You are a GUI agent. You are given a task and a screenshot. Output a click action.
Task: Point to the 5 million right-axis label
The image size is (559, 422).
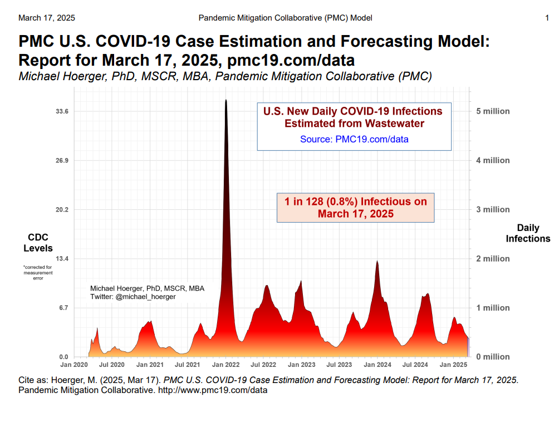click(x=493, y=111)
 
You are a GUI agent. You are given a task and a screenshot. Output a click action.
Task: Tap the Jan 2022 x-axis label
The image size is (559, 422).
click(x=225, y=365)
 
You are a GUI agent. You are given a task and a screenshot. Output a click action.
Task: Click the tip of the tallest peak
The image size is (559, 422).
click(x=225, y=100)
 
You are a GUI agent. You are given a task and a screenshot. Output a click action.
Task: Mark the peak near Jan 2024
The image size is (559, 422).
click(x=377, y=261)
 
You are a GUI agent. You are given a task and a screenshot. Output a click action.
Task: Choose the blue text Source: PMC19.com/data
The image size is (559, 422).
click(x=354, y=139)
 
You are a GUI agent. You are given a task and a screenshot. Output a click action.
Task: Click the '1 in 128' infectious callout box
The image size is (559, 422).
click(x=356, y=207)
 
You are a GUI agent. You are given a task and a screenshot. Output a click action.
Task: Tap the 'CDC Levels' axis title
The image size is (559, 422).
click(x=38, y=243)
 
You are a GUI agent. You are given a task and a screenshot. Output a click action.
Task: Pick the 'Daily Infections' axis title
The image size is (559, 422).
click(x=527, y=233)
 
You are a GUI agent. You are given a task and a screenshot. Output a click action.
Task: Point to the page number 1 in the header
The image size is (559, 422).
click(x=547, y=18)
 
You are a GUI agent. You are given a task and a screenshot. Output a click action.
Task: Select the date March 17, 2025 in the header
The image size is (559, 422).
click(x=47, y=18)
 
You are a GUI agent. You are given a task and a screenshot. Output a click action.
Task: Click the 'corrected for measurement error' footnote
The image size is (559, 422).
click(x=38, y=273)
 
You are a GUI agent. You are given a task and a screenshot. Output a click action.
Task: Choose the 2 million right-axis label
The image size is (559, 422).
click(x=493, y=259)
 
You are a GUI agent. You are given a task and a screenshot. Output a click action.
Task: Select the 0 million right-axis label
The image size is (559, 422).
click(x=493, y=357)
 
